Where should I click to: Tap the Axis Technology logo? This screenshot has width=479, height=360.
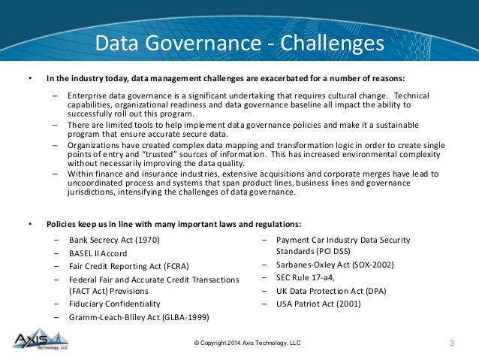[x=38, y=340]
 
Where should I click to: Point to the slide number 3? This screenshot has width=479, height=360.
[x=451, y=343]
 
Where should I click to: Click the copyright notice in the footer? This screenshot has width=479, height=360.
[x=248, y=343]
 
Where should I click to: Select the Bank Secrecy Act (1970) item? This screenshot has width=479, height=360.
[x=115, y=241]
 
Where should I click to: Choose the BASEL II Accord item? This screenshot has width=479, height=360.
[x=98, y=254]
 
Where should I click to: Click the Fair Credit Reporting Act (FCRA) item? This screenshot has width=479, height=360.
[x=128, y=267]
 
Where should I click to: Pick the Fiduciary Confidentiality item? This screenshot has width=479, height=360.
[x=114, y=304]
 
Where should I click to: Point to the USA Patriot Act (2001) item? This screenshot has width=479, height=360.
[x=318, y=304]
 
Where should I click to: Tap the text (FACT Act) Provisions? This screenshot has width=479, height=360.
[x=108, y=290]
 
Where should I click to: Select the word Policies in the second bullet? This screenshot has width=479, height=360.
[x=63, y=224]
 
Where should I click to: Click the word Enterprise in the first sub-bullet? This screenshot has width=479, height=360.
[x=87, y=96]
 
